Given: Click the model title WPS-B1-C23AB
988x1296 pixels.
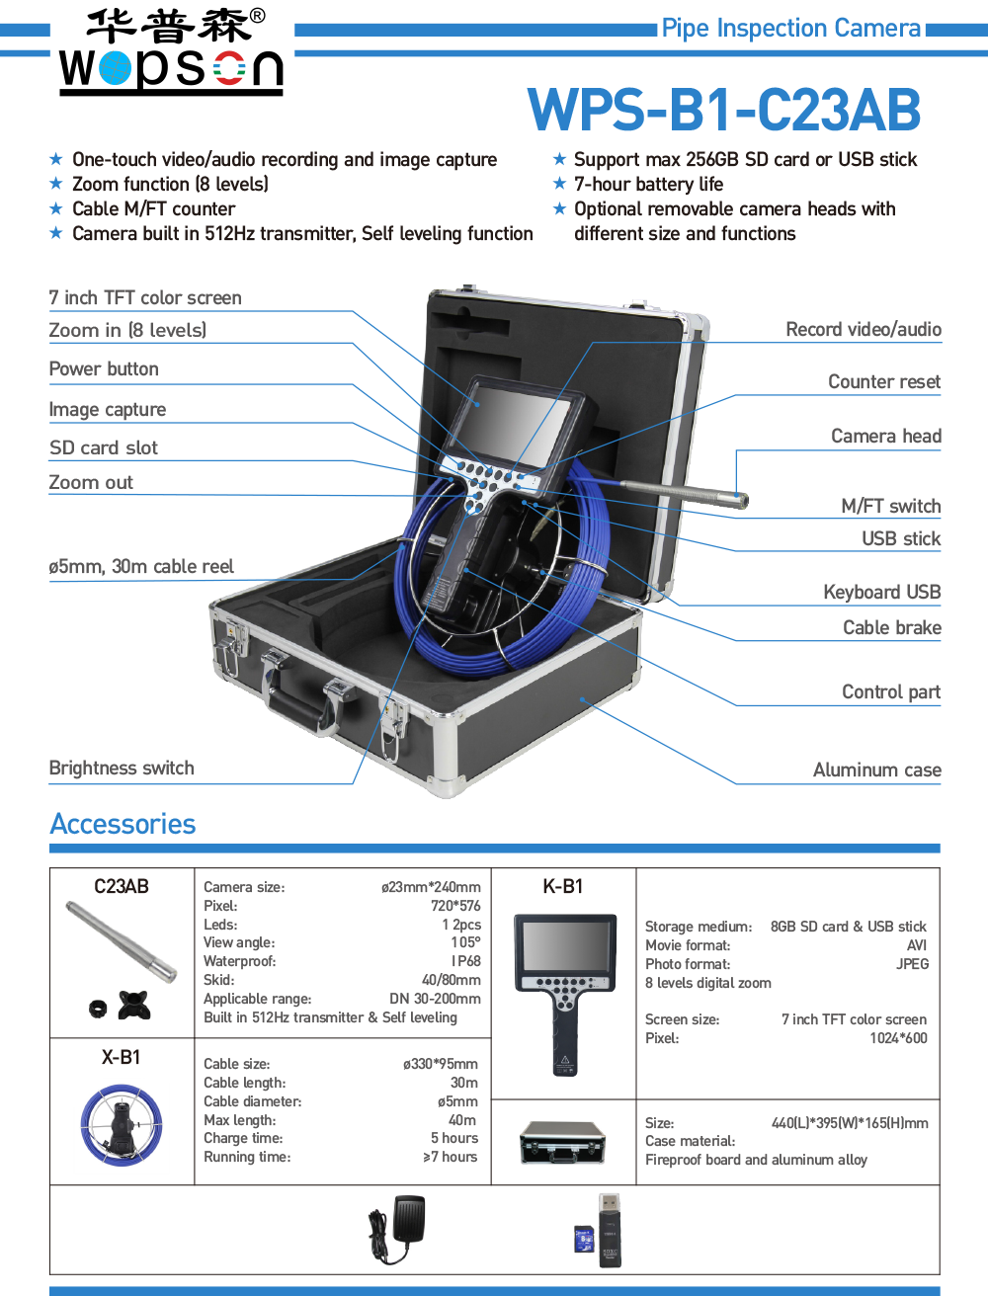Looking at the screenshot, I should (x=724, y=111).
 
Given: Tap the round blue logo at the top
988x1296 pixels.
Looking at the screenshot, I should (x=115, y=69).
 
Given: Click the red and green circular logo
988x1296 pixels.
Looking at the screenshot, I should (x=229, y=69).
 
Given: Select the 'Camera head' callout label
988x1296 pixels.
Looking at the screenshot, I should (x=885, y=437).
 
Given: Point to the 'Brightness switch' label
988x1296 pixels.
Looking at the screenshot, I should (x=122, y=769).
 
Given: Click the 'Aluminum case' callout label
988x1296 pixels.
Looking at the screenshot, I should (x=876, y=770).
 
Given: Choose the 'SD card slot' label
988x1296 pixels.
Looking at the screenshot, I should (x=104, y=447).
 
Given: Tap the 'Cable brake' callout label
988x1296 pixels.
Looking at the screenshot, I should (x=891, y=628).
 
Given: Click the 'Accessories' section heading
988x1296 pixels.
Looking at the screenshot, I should (x=123, y=824).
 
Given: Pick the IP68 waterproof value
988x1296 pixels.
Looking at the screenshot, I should (x=465, y=961).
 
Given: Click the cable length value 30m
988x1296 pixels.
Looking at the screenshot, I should (x=463, y=1083).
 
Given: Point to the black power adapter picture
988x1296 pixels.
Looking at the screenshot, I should (x=396, y=1229).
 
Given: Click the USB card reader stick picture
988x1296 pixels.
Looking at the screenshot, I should (x=609, y=1230).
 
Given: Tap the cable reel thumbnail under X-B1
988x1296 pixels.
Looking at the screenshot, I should (x=122, y=1126).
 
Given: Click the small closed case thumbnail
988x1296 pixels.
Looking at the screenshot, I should (x=562, y=1142).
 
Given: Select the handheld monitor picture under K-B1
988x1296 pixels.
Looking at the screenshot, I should (x=565, y=988).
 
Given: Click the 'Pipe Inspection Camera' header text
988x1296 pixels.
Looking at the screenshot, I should (x=790, y=29).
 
